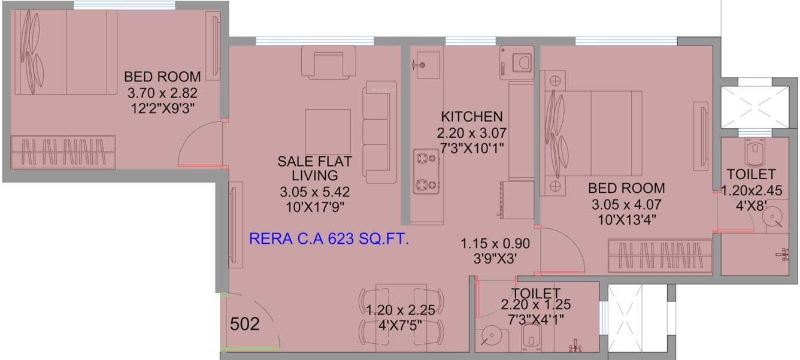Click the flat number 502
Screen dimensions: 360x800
click(x=245, y=325)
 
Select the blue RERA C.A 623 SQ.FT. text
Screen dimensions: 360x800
click(x=329, y=240)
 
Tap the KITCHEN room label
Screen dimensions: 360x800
click(x=471, y=116)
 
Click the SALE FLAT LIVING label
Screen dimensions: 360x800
click(x=314, y=168)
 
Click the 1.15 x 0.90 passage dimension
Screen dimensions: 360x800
click(x=495, y=244)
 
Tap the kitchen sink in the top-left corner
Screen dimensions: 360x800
click(x=425, y=61)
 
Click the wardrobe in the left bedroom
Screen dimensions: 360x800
click(x=63, y=153)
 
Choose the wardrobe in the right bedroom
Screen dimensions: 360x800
click(x=660, y=256)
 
